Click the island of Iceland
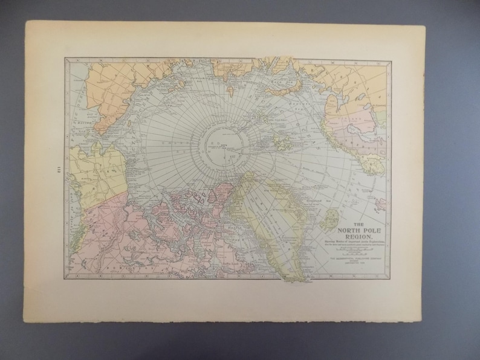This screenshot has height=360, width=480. tap(331, 217)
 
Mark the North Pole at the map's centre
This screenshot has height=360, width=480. tap(225, 146)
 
